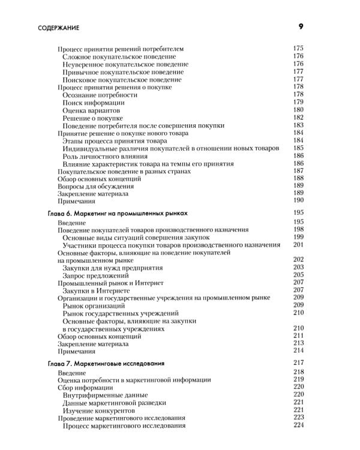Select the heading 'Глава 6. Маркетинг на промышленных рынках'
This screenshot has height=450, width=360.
[x=117, y=213]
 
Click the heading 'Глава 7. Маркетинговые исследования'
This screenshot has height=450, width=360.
[x=106, y=363]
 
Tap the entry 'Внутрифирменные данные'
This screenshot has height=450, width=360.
[x=106, y=395]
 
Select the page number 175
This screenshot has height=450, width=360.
[x=298, y=49]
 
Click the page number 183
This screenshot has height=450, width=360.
[x=298, y=125]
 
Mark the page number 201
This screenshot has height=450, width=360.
[x=298, y=244]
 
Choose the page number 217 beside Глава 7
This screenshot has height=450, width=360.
[x=299, y=363]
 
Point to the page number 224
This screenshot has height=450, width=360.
[x=299, y=426]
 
